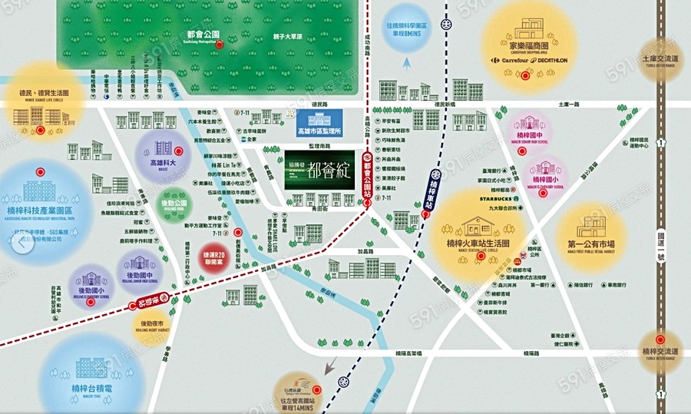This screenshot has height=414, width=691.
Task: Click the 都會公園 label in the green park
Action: click(x=203, y=34)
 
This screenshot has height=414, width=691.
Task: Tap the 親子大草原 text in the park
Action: click(x=288, y=36)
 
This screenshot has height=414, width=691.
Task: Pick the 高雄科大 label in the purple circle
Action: click(x=163, y=163)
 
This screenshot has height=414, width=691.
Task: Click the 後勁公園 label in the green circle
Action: click(x=170, y=204)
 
